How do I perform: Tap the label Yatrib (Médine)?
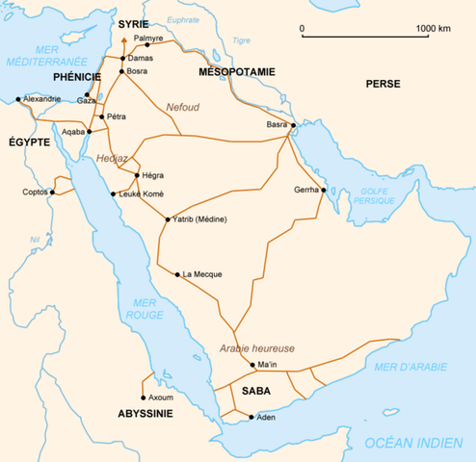click(200, 220)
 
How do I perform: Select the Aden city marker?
click(252, 417)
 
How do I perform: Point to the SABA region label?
click(256, 392)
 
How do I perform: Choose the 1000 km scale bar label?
click(434, 29)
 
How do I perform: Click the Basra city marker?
click(291, 125)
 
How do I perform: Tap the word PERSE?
click(383, 85)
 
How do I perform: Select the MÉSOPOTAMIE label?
click(237, 72)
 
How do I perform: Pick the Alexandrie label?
click(42, 98)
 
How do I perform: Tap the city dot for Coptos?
click(53, 192)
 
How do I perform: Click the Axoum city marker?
click(144, 398)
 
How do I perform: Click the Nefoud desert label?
click(182, 107)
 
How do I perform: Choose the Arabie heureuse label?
click(256, 347)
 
